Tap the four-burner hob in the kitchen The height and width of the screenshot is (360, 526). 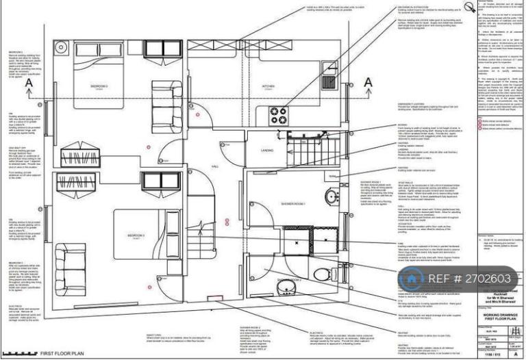[x=278, y=114]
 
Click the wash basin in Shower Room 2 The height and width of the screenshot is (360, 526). [x=288, y=287]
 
